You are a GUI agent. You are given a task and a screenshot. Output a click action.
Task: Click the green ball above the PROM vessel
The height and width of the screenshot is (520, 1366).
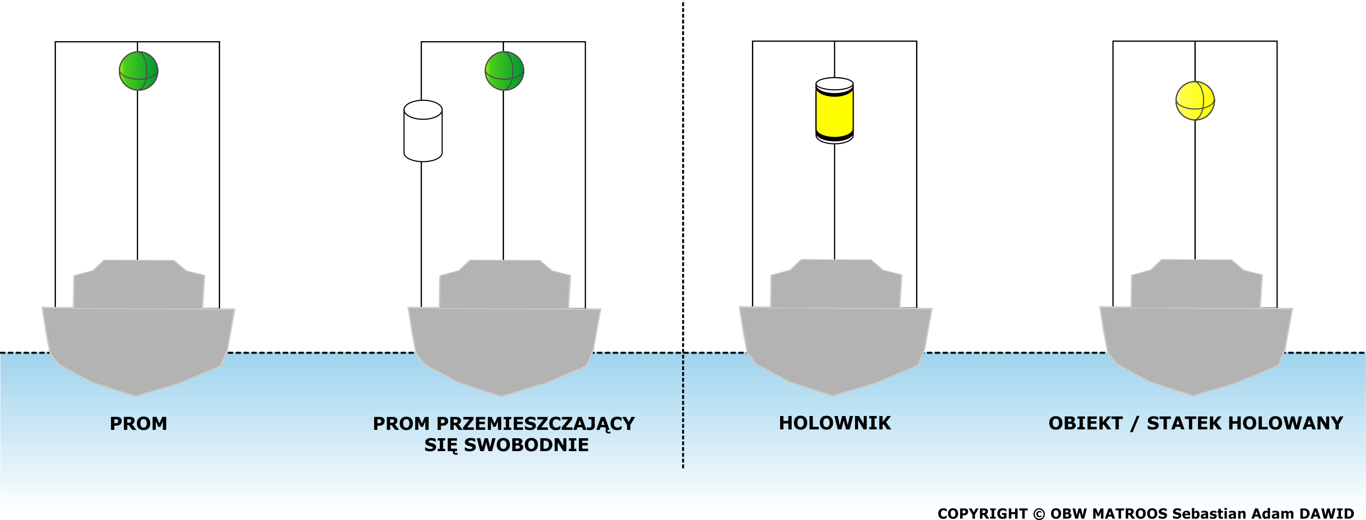tap(138, 71)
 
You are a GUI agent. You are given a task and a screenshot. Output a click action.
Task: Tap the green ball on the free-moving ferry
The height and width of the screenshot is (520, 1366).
tap(505, 71)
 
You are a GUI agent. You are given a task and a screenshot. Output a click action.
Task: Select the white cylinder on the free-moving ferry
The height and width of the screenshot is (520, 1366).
tap(423, 131)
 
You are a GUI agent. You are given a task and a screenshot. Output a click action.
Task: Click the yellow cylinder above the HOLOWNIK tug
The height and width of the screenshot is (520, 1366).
tap(835, 111)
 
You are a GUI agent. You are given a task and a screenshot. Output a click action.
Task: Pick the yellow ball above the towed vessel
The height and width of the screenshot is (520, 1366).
tap(1195, 101)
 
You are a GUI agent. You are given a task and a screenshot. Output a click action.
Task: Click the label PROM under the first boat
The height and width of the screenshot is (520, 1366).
tap(138, 423)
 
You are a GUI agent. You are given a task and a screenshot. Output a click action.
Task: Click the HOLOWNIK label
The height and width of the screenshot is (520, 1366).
tap(835, 423)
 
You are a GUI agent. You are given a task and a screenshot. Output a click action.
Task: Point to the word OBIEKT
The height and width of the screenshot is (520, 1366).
tap(1085, 423)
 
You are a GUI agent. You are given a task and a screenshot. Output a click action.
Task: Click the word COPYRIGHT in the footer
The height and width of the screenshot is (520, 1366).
tap(983, 514)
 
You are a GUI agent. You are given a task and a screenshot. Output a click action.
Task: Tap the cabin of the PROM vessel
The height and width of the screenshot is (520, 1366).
tap(139, 284)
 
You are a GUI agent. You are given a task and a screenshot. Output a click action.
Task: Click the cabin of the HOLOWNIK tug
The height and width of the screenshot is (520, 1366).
tap(836, 284)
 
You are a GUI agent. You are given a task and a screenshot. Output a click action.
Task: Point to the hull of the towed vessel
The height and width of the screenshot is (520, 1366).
tap(1196, 347)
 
